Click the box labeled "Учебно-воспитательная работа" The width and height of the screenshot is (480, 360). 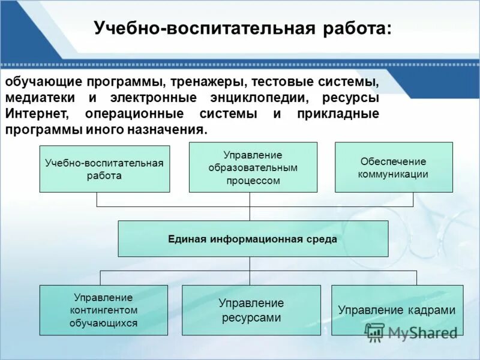click(104, 169)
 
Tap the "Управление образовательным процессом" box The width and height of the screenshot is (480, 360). click(253, 167)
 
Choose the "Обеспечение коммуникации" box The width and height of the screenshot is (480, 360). click(393, 167)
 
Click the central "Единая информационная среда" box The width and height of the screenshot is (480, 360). click(253, 239)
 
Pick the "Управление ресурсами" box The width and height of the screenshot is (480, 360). click(250, 310)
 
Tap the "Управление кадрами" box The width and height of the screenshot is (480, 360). click(397, 310)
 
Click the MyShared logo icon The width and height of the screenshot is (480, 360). click(375, 332)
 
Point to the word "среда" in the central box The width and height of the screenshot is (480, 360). click(323, 239)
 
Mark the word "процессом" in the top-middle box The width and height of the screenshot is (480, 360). click(253, 181)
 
